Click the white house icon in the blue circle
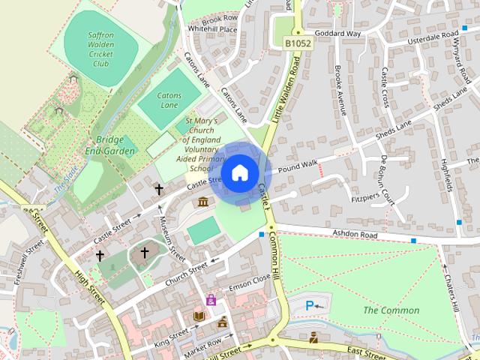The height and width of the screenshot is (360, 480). [239, 173]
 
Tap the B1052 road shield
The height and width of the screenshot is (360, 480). [298, 45]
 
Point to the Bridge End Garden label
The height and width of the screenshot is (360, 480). [115, 145]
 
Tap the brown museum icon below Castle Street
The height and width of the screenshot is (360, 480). [203, 201]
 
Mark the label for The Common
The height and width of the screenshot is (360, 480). [391, 310]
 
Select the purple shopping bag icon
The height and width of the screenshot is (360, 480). [211, 300]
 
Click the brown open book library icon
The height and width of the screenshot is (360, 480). [199, 316]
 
